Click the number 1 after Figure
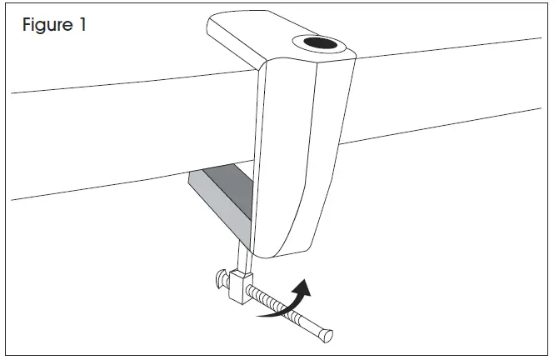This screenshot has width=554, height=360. click(x=82, y=25)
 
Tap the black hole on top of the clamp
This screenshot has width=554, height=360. click(x=317, y=42)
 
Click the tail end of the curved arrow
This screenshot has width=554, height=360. click(x=259, y=316)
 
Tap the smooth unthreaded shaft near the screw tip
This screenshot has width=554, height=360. click(x=309, y=325)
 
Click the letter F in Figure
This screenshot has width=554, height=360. click(x=27, y=25)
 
